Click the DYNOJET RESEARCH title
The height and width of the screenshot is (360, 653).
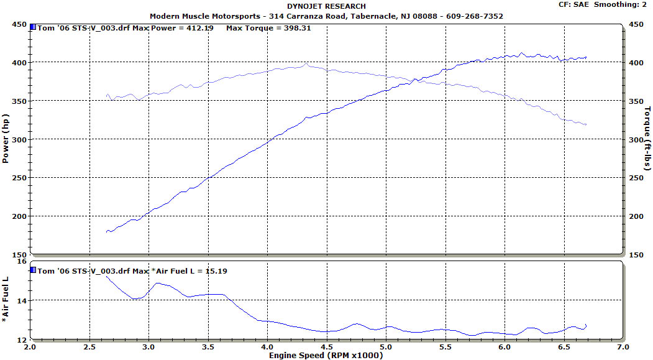(326, 7)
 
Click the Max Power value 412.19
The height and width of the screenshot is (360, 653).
(198, 29)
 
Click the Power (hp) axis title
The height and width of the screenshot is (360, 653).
(6, 139)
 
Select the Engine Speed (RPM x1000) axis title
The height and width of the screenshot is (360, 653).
(326, 356)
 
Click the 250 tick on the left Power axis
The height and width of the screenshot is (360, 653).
(20, 178)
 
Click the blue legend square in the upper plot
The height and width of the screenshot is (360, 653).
(33, 27)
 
